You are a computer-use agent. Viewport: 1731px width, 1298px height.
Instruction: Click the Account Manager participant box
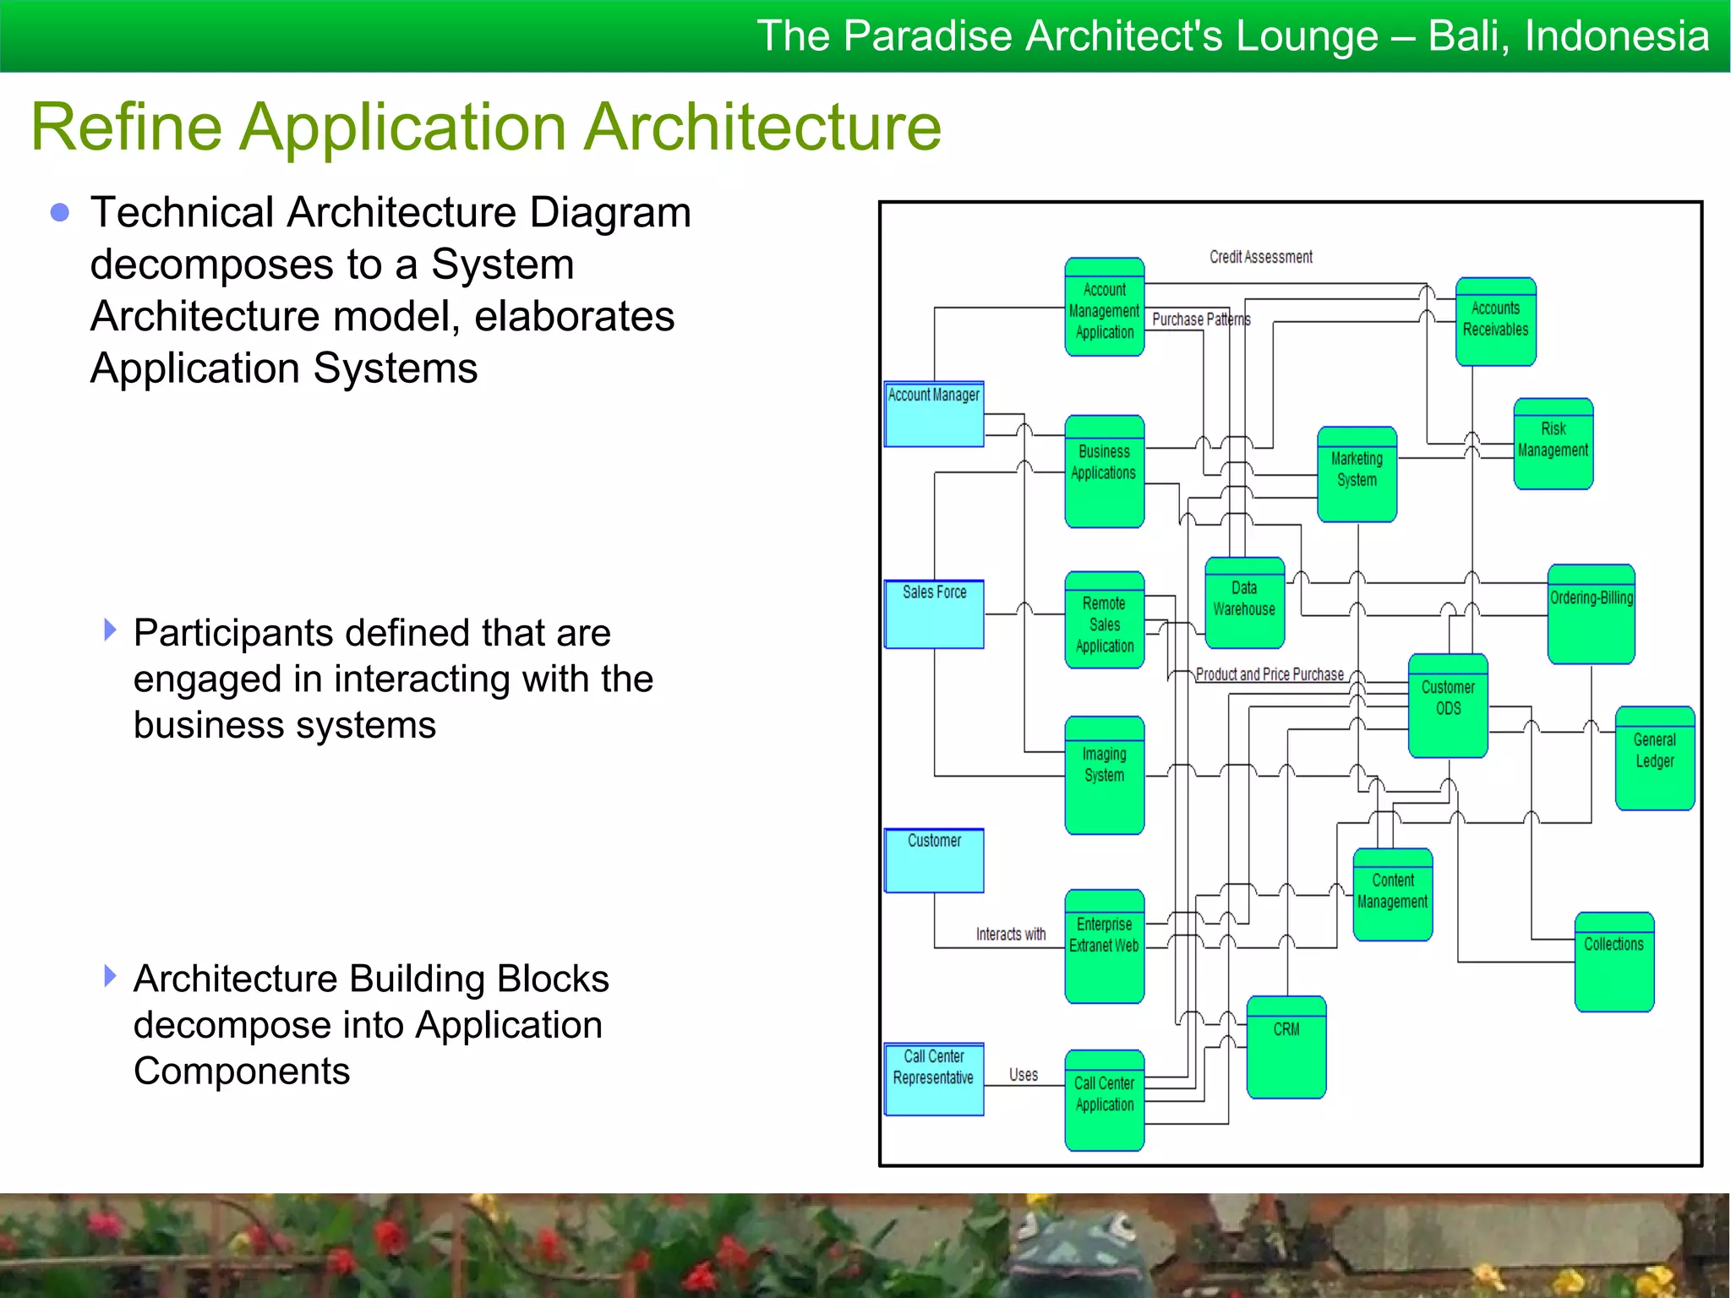coord(934,413)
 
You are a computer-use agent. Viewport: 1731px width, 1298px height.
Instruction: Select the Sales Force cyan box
coord(934,614)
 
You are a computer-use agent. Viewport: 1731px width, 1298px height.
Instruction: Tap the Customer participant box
coord(934,860)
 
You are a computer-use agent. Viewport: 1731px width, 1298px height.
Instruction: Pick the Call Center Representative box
coord(934,1079)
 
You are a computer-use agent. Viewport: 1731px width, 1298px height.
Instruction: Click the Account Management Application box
coord(1104,308)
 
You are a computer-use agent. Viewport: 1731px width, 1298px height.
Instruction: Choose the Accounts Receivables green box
coord(1495,322)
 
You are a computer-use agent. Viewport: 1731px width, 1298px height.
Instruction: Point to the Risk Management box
coord(1553,444)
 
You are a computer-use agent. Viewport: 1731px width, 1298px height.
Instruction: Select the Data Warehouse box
coord(1244,603)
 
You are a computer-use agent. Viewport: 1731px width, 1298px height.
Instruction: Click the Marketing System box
coord(1357,474)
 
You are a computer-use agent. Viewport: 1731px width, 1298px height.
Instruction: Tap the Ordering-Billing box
coord(1591,614)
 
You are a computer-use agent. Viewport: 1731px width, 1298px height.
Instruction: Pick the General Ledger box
coord(1654,758)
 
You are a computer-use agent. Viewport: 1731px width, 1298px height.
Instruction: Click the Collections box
coord(1614,962)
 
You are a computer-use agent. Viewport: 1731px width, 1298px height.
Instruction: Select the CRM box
coord(1286,1047)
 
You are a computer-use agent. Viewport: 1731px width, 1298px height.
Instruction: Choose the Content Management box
coord(1392,894)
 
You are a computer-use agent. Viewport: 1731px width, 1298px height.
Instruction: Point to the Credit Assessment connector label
coord(1260,257)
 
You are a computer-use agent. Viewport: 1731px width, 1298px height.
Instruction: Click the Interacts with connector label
coord(1010,934)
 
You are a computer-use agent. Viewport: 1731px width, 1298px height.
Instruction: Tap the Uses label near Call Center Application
coord(1023,1075)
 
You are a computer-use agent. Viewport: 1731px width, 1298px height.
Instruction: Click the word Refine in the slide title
coord(127,128)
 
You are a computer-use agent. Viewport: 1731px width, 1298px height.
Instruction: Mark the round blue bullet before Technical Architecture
coord(59,212)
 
